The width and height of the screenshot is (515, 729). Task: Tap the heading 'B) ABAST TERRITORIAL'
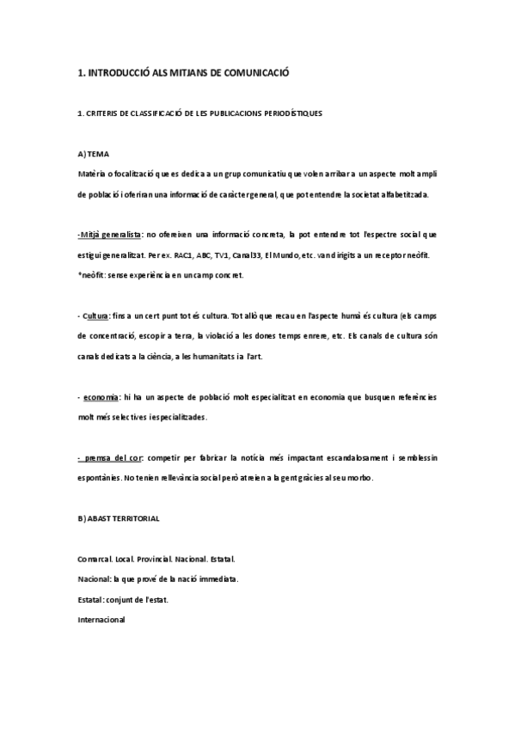(x=118, y=519)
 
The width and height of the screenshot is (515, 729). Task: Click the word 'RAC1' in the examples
(x=182, y=256)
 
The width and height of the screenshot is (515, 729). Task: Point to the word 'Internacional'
(x=101, y=619)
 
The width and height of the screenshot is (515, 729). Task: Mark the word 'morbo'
(x=381, y=478)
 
